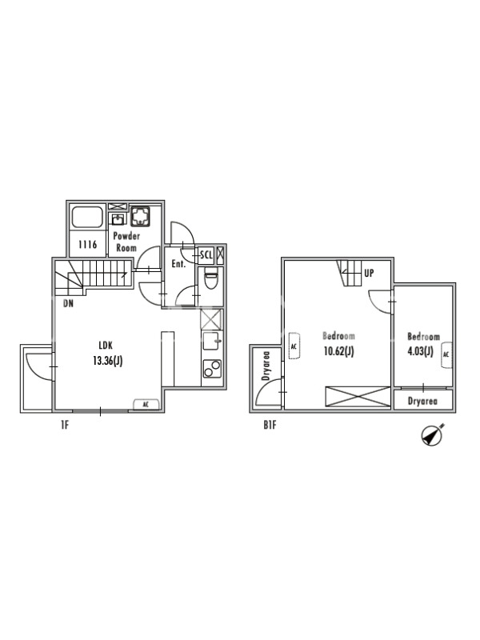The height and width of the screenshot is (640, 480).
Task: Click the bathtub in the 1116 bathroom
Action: pos(87,217)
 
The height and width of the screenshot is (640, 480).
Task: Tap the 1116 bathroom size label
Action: pos(88,245)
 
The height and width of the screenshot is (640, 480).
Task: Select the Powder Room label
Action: pos(126,242)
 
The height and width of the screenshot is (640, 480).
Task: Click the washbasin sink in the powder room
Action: pos(118,219)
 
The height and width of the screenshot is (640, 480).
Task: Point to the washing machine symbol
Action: pos(141,216)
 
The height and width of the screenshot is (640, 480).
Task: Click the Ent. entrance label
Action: pos(178,264)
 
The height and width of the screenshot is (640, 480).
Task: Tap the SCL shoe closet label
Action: pos(206,255)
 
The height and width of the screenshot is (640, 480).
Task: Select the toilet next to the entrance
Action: pos(210,279)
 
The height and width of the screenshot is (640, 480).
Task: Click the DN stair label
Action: pos(69,304)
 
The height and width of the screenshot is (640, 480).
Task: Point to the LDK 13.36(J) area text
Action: pos(107,354)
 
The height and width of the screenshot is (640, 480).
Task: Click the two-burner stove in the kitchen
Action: pos(212,369)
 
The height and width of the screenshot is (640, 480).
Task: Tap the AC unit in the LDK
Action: pos(146,405)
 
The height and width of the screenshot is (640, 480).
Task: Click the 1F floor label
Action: pos(65,425)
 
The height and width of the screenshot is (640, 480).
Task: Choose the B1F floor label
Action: pos(270,425)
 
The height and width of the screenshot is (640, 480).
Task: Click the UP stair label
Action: pos(369,273)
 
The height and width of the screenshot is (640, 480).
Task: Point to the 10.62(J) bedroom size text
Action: pos(338,351)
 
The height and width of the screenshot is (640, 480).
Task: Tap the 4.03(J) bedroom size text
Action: pos(421,351)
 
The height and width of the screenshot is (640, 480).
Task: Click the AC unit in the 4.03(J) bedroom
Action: pos(446,354)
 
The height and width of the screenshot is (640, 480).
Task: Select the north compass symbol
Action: pos(432,435)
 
